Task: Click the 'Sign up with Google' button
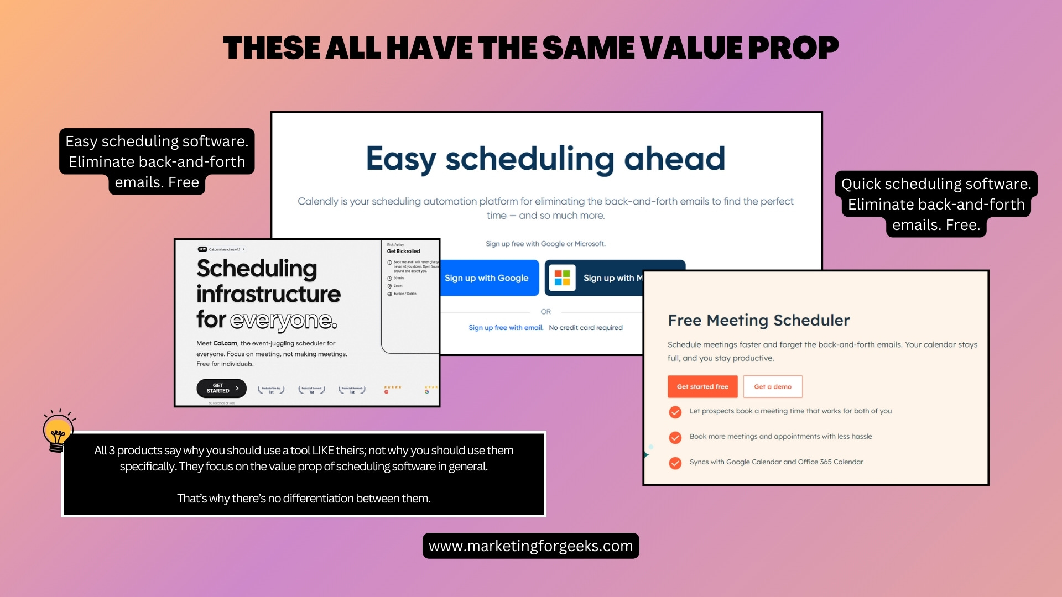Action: coord(487,278)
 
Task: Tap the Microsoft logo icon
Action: coord(562,278)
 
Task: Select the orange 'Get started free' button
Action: coord(702,387)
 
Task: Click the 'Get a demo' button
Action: coord(773,387)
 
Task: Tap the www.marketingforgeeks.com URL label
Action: coord(530,546)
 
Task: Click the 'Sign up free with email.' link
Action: coord(506,328)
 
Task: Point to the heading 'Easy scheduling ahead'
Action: coord(545,159)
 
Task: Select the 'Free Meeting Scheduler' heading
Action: coord(758,320)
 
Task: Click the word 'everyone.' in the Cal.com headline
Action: coord(283,320)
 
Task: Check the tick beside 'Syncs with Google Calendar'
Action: coord(675,463)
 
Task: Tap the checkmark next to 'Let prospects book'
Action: coord(675,412)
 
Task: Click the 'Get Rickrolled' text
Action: coord(403,251)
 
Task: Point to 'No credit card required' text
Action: coord(586,328)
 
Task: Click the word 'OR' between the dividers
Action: coord(546,312)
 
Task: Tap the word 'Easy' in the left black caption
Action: coord(81,142)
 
